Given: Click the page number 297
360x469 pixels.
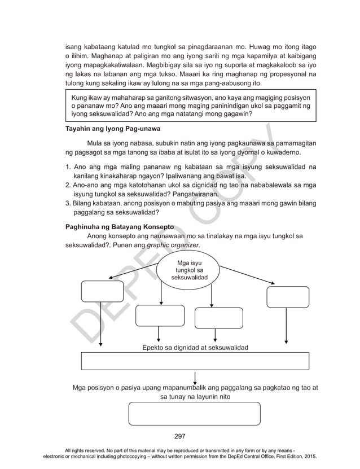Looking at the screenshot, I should [180, 436].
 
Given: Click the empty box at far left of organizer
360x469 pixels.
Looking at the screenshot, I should [102, 291].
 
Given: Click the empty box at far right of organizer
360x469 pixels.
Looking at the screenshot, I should [288, 297].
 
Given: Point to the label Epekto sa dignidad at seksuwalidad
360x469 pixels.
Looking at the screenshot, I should [195, 347].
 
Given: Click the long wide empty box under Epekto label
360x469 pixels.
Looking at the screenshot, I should [195, 360].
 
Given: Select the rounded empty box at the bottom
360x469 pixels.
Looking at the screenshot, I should [195, 413].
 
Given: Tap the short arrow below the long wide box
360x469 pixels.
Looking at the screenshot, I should [195, 377].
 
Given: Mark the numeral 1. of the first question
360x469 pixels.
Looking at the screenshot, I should [69, 167].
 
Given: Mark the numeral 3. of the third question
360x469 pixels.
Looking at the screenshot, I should [69, 203].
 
